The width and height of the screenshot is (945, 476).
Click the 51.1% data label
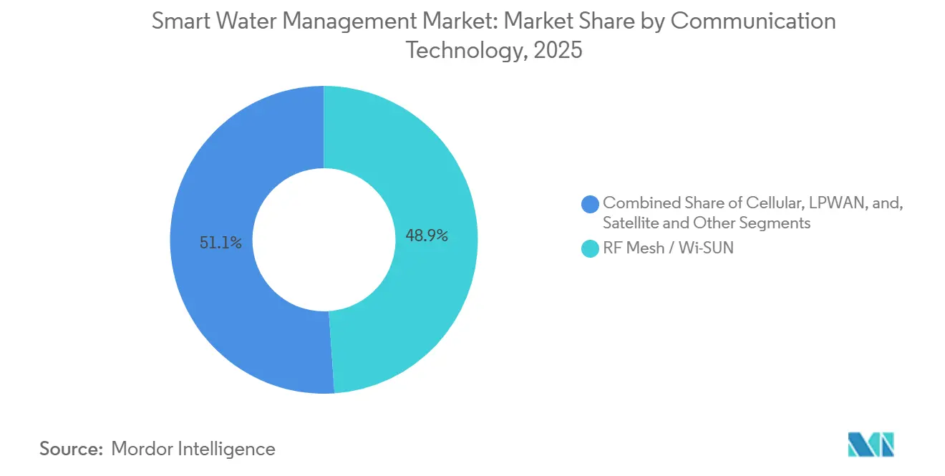click(220, 243)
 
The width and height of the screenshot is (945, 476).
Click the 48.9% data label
click(427, 235)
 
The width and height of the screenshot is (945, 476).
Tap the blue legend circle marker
click(591, 204)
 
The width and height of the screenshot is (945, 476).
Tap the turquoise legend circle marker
click(591, 250)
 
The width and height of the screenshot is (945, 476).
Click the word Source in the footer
click(71, 449)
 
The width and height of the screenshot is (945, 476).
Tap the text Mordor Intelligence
click(193, 449)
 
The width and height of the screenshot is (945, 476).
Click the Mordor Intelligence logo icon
click(871, 445)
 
